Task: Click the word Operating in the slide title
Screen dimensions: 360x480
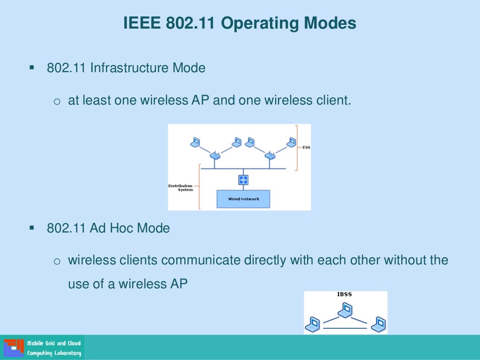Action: tap(264, 23)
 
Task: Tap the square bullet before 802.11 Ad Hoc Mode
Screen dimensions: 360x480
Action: tap(32, 228)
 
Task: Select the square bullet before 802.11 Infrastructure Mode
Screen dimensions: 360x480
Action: tap(32, 67)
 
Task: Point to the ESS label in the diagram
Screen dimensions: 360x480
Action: tap(306, 147)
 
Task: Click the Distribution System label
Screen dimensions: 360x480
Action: tap(180, 187)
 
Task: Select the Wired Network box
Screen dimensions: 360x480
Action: tap(243, 199)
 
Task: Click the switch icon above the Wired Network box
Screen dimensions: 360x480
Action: tap(243, 180)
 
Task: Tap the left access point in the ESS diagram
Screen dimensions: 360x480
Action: tap(215, 155)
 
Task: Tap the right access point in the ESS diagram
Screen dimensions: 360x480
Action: tap(270, 155)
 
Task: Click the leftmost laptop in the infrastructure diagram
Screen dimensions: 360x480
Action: tap(195, 142)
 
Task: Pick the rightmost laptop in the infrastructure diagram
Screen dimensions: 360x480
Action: tap(292, 142)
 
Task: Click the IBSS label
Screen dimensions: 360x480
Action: tap(345, 295)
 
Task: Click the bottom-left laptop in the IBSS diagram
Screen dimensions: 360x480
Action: tap(313, 323)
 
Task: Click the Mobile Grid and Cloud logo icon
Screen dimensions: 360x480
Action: tap(14, 348)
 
